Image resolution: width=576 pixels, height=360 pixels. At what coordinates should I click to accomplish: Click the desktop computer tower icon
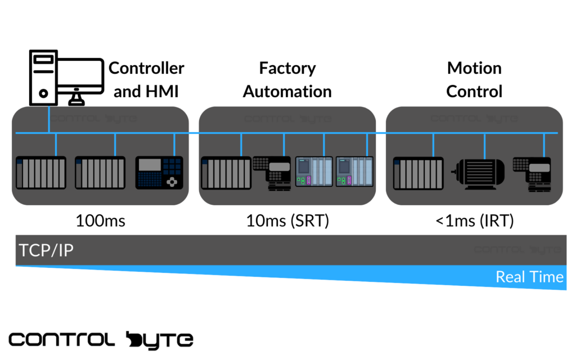tap(43, 76)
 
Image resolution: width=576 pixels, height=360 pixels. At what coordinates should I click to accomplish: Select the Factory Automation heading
tap(287, 80)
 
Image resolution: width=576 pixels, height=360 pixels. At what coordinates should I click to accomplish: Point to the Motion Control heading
tap(474, 80)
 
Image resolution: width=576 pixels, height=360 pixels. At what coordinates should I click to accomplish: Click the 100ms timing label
tap(100, 221)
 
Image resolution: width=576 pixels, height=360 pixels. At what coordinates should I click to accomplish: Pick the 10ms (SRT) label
tap(287, 221)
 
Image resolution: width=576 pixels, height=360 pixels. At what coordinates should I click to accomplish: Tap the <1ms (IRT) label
tap(474, 221)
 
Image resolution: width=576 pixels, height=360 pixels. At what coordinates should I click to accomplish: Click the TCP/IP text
tap(46, 250)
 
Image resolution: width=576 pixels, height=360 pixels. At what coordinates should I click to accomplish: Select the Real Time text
tap(529, 277)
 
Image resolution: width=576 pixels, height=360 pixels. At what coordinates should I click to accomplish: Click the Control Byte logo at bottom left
tap(101, 339)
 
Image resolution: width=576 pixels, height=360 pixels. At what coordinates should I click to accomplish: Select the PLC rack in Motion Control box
tap(417, 173)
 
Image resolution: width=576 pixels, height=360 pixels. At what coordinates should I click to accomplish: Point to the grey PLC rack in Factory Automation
tap(226, 173)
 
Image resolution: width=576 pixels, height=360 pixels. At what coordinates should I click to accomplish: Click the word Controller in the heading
tap(146, 68)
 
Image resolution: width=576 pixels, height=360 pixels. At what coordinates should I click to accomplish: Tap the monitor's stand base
tap(77, 102)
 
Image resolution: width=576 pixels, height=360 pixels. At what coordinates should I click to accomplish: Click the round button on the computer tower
tap(43, 93)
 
